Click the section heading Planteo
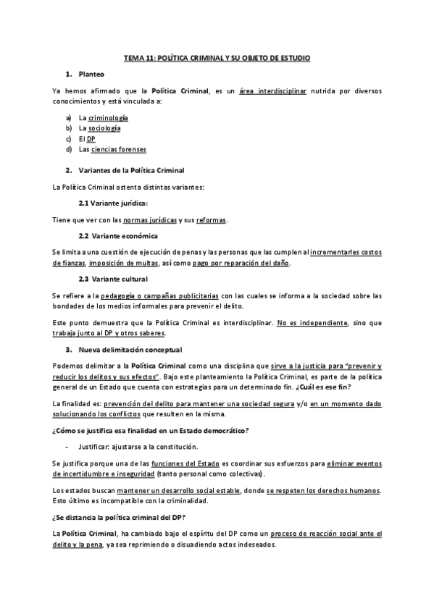click(91, 74)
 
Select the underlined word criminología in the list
click(108, 117)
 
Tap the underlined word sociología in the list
click(104, 128)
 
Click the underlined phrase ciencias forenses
click(119, 149)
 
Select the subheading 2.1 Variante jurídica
click(113, 203)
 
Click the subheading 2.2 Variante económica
click(119, 236)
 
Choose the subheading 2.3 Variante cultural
click(114, 279)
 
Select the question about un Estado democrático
click(151, 432)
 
